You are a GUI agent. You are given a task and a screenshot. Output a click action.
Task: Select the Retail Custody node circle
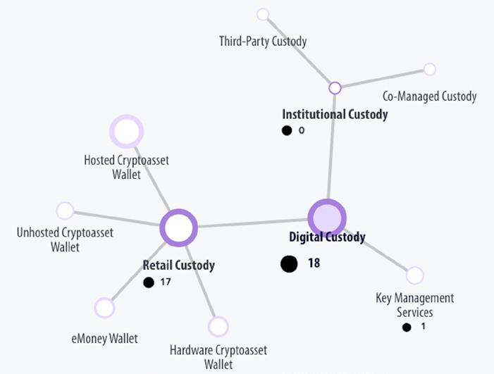[178, 227]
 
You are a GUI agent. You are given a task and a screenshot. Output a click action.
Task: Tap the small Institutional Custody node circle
[335, 88]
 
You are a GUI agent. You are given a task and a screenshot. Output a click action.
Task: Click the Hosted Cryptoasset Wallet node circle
[127, 132]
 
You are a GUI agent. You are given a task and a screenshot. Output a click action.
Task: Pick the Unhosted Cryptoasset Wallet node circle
[65, 211]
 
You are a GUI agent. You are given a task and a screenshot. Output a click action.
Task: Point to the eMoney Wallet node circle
[104, 308]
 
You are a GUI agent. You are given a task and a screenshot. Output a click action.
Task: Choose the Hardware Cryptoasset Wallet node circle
[218, 326]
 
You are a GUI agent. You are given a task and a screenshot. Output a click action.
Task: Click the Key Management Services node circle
[415, 275]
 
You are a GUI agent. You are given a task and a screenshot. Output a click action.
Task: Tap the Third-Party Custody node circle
[263, 14]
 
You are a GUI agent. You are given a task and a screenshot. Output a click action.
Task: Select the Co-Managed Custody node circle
[429, 69]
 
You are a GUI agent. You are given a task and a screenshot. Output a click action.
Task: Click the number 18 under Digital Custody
[314, 263]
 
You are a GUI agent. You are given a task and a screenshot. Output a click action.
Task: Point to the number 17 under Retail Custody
[165, 282]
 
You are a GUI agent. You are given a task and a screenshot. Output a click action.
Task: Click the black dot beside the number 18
[289, 263]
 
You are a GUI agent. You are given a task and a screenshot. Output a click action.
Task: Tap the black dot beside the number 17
[148, 282]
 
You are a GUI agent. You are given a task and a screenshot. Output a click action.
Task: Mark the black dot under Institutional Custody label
[287, 130]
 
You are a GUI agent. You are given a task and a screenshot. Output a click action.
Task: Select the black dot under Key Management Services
[407, 327]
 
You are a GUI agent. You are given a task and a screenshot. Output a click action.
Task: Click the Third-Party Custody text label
[263, 41]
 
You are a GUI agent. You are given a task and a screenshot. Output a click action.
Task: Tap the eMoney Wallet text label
[104, 339]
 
